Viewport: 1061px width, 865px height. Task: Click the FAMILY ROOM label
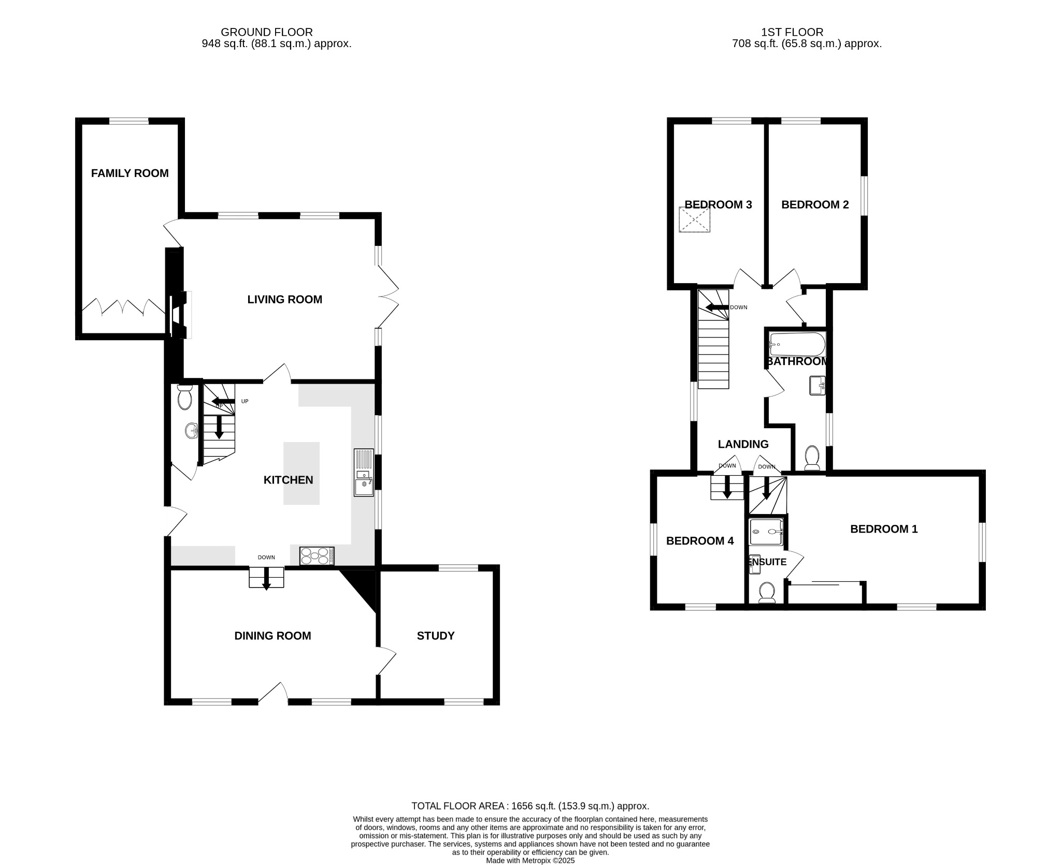pyautogui.click(x=130, y=173)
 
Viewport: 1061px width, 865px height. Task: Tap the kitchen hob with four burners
pyautogui.click(x=317, y=556)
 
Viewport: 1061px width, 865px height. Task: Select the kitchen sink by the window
pyautogui.click(x=363, y=473)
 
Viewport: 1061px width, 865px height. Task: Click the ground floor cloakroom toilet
pyautogui.click(x=184, y=398)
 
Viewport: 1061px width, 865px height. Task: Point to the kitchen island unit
pyautogui.click(x=301, y=473)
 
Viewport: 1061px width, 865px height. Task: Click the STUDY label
pyautogui.click(x=436, y=636)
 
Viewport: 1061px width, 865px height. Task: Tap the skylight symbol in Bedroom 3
pyautogui.click(x=695, y=219)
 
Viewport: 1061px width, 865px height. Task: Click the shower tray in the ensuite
pyautogui.click(x=766, y=533)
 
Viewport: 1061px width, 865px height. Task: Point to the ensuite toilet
pyautogui.click(x=766, y=592)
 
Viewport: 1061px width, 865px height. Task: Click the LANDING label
pyautogui.click(x=743, y=444)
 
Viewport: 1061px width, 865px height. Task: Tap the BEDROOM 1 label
pyautogui.click(x=884, y=529)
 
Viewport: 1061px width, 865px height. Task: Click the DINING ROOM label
pyautogui.click(x=273, y=636)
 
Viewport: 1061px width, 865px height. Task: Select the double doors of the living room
pyautogui.click(x=389, y=297)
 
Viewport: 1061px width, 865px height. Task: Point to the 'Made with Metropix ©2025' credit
pyautogui.click(x=530, y=861)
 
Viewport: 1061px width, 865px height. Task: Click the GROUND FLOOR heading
pyautogui.click(x=267, y=33)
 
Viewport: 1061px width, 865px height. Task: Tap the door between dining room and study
pyautogui.click(x=386, y=661)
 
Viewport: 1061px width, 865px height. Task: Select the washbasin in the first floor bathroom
pyautogui.click(x=818, y=385)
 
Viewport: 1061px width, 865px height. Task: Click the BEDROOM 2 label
pyautogui.click(x=815, y=204)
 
